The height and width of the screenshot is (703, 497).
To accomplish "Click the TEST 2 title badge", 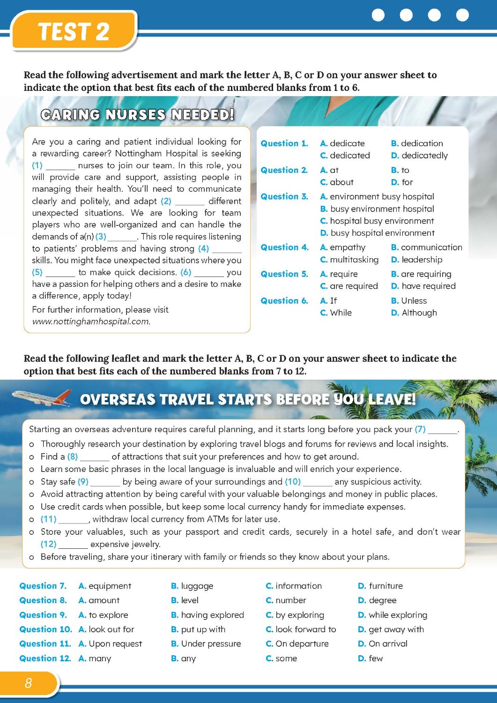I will point(74,31).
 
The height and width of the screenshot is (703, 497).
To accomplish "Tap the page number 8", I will point(28,683).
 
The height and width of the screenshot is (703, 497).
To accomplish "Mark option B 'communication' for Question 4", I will point(426,247).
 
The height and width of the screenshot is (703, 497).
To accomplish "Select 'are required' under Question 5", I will point(349,286).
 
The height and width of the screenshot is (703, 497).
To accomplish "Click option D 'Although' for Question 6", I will point(414,313).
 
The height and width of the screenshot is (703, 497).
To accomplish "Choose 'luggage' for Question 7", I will point(192,586).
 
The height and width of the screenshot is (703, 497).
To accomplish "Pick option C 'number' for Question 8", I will point(286,600).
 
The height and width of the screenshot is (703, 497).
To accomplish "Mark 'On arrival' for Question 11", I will point(383,644).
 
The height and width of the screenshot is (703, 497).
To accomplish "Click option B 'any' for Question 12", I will point(184,658).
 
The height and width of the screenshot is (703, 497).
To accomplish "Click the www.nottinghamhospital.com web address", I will point(91,322).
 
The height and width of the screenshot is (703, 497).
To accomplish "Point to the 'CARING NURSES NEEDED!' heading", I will point(137,115).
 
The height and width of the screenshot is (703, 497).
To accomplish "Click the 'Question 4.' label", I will point(284,247).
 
